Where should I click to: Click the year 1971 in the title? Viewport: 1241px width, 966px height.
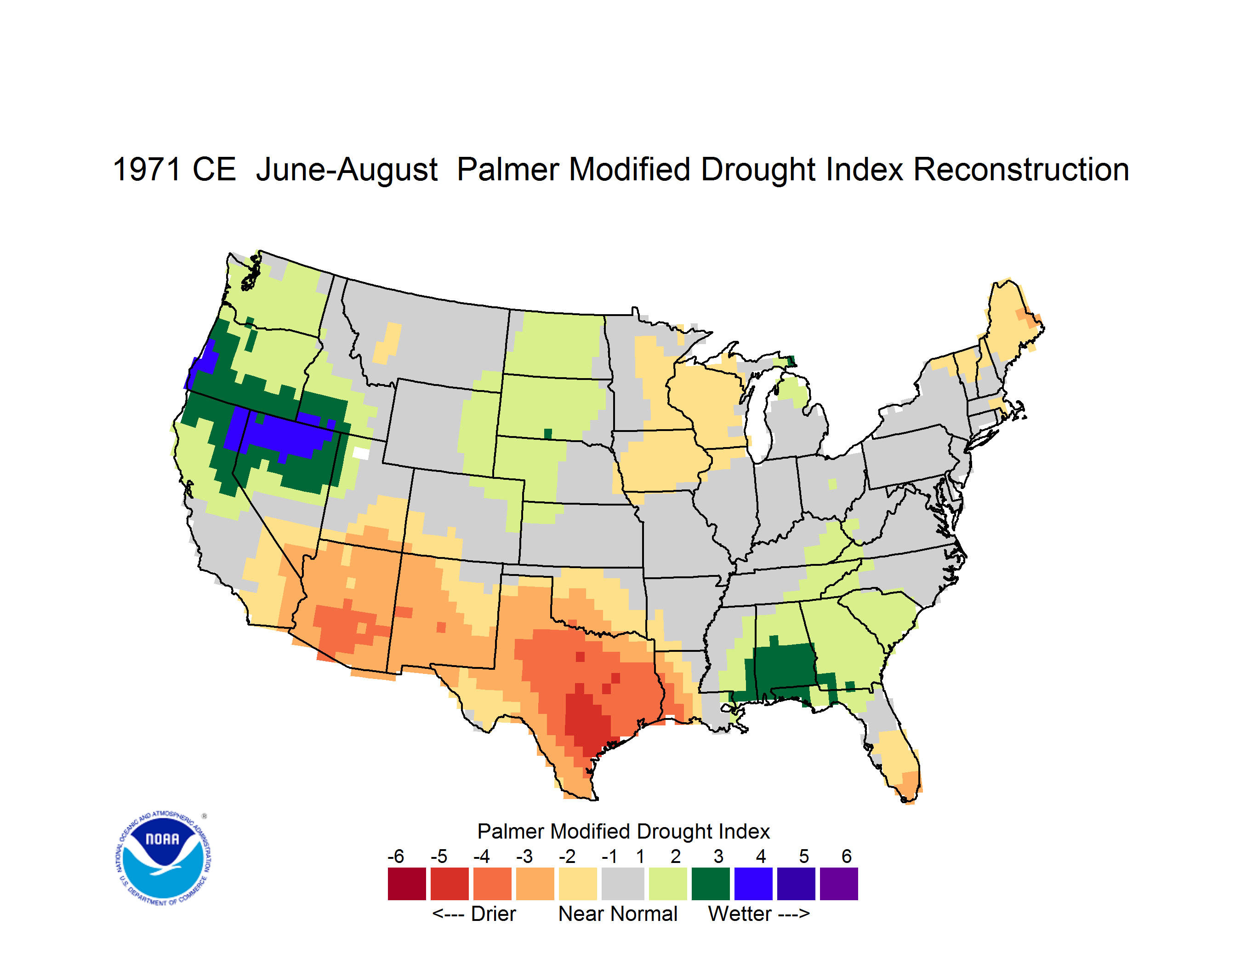[147, 169]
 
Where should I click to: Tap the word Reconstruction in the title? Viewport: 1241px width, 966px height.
[1020, 169]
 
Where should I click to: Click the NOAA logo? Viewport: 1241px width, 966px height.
[163, 858]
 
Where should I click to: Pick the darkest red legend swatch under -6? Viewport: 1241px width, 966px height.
[407, 884]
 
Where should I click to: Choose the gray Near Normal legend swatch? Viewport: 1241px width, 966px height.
[623, 884]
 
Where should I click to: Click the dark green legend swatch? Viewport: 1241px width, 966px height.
[710, 884]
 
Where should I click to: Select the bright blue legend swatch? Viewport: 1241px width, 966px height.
[753, 884]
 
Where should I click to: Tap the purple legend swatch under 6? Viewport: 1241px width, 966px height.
[839, 884]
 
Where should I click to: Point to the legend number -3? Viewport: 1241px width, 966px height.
[524, 856]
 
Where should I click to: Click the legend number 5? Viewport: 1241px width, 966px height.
[804, 856]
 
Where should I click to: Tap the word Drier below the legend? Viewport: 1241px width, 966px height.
[493, 914]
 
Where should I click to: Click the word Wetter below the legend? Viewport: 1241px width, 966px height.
[740, 914]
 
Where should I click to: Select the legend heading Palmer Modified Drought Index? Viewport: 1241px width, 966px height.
[623, 831]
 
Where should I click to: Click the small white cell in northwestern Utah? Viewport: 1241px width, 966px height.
[361, 453]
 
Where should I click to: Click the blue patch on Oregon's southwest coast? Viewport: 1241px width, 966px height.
[202, 364]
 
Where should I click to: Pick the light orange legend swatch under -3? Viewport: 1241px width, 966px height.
[535, 884]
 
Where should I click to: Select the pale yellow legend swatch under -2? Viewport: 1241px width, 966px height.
[577, 884]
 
